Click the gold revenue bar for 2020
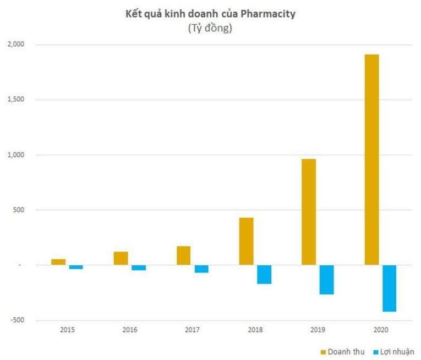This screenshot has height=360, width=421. (371, 160)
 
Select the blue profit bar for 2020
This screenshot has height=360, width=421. (389, 288)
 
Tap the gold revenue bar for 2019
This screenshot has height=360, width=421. (309, 212)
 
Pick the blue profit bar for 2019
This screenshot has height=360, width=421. (326, 280)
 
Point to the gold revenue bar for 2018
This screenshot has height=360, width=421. (246, 241)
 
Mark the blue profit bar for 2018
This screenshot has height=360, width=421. (264, 274)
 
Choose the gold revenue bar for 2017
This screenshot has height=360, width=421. (183, 255)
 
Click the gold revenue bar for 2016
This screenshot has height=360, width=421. (121, 258)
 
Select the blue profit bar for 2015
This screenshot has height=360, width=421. (76, 267)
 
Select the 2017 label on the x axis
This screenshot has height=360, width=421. (193, 330)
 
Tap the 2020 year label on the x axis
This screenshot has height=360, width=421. (380, 330)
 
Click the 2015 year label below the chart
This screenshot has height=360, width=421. (67, 330)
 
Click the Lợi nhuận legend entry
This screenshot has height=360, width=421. (395, 351)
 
